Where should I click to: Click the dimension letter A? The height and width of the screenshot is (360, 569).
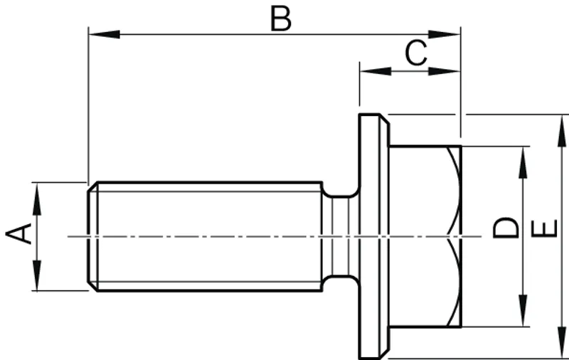point(18,233)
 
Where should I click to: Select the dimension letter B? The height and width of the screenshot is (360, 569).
point(280,19)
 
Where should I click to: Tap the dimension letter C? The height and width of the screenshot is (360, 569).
point(416,53)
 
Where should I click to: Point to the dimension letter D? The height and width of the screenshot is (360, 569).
point(506,228)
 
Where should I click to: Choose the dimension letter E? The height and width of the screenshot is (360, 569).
point(544,228)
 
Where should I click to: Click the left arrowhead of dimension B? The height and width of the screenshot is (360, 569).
point(104,34)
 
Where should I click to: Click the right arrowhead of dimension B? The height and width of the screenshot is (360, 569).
point(445,34)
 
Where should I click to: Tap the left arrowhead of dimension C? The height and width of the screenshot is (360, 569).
point(376,71)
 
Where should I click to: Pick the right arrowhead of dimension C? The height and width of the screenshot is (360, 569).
point(445,71)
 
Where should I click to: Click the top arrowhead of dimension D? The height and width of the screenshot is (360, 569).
point(523,162)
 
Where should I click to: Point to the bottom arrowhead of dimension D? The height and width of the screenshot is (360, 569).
point(523,311)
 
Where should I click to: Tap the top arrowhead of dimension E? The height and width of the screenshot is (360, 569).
point(562,131)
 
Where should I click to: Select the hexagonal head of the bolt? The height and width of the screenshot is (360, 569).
point(425,236)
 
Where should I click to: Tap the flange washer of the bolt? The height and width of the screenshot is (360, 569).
point(374,236)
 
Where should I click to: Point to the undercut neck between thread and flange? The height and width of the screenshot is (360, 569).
point(341,236)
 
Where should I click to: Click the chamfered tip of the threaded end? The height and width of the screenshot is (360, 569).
point(93,236)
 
